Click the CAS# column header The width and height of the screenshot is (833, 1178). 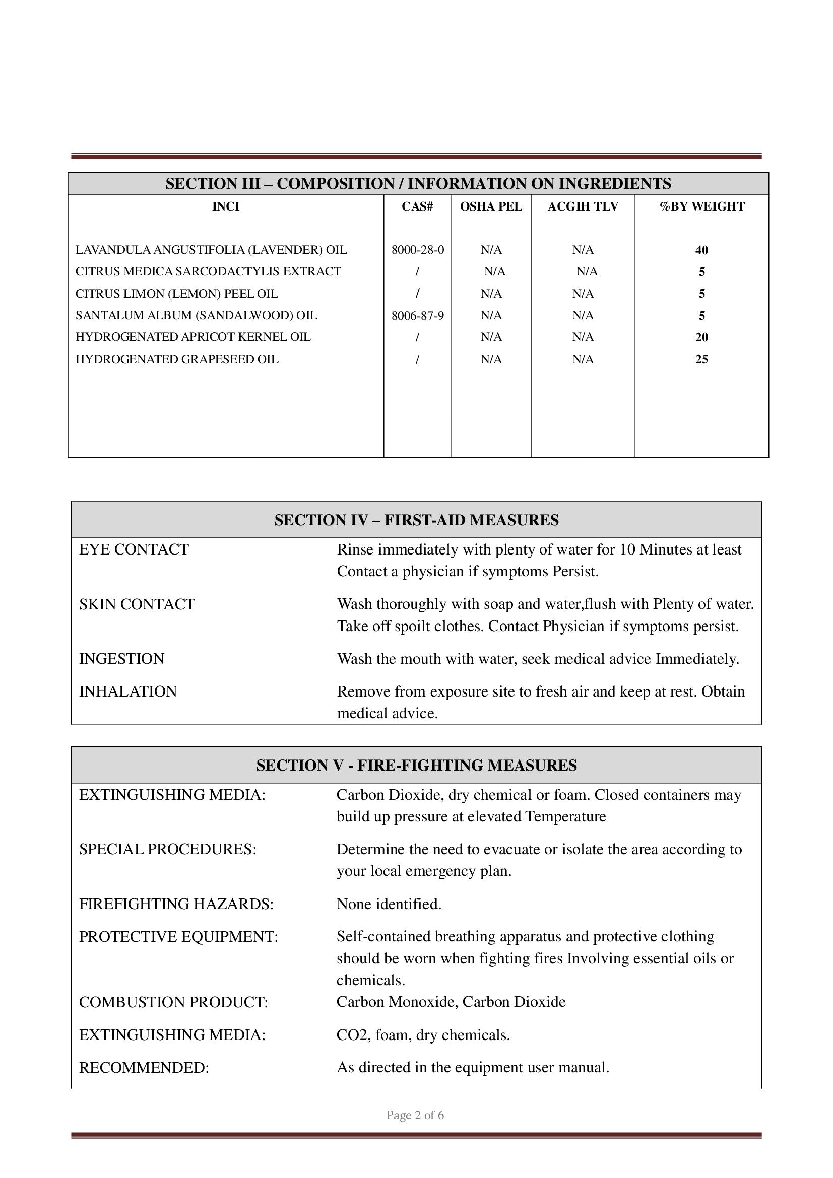pyautogui.click(x=417, y=207)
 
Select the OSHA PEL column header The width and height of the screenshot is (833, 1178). pyautogui.click(x=491, y=207)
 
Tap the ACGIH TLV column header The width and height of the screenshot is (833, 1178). pyautogui.click(x=583, y=207)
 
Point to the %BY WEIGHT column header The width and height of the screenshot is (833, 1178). pyautogui.click(x=701, y=207)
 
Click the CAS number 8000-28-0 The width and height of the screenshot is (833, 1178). pyautogui.click(x=417, y=250)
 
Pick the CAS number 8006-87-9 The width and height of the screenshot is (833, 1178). pyautogui.click(x=417, y=316)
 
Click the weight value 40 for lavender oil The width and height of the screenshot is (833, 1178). pyautogui.click(x=701, y=250)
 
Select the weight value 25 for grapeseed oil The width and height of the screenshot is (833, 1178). pyautogui.click(x=701, y=359)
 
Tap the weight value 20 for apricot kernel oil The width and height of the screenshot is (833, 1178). pyautogui.click(x=701, y=337)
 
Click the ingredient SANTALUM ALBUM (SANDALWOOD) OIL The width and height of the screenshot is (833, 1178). pyautogui.click(x=196, y=316)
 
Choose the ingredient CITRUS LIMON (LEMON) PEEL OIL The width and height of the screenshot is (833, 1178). pyautogui.click(x=176, y=294)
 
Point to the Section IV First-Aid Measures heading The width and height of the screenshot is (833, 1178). pyautogui.click(x=416, y=520)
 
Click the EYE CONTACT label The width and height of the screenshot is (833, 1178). pyautogui.click(x=134, y=549)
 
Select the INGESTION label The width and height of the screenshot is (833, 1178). pyautogui.click(x=121, y=659)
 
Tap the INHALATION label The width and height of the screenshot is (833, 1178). pyautogui.click(x=128, y=691)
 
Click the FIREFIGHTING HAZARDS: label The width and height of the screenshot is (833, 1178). pyautogui.click(x=176, y=904)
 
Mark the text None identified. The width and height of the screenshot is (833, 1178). pyautogui.click(x=389, y=904)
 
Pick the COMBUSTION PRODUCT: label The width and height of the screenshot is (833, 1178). pyautogui.click(x=173, y=1002)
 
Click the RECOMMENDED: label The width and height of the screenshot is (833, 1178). pyautogui.click(x=144, y=1068)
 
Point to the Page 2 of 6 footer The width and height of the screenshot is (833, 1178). pyautogui.click(x=415, y=1115)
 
